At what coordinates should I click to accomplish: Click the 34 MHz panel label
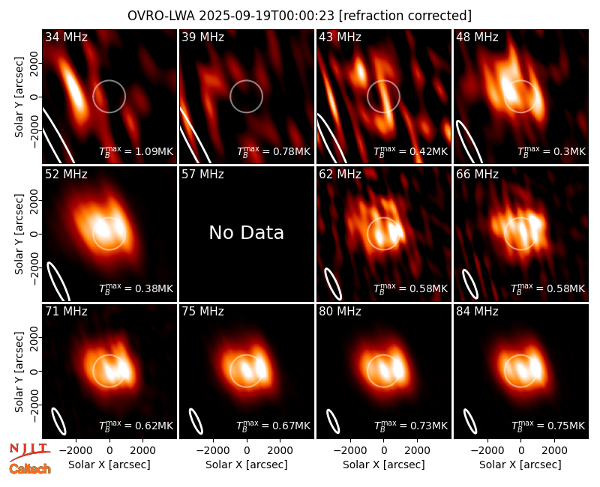66,37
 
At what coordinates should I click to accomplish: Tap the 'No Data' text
247,232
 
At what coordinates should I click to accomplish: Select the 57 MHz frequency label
202,175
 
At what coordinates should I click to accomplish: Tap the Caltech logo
30,469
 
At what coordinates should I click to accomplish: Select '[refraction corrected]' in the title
405,16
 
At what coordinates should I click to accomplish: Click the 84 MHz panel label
477,312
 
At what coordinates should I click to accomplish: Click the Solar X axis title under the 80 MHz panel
384,465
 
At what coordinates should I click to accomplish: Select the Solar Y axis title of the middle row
19,234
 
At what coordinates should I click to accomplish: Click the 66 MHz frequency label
477,175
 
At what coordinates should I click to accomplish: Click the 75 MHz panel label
202,312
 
